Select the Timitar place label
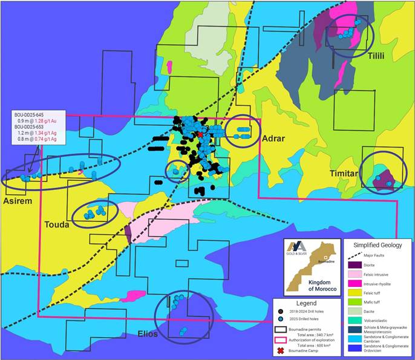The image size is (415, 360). click(344, 173)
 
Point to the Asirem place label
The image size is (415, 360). click(18, 200)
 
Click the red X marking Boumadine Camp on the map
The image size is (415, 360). click(200, 134)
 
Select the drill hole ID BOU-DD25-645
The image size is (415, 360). click(36, 114)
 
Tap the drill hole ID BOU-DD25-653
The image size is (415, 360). click(36, 127)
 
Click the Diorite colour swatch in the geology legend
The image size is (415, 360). click(353, 264)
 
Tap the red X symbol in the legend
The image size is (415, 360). click(283, 349)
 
